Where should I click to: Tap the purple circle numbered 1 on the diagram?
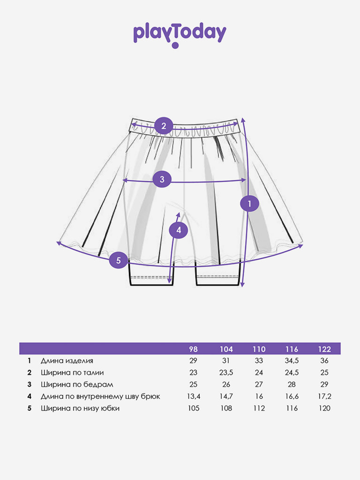click(249, 203)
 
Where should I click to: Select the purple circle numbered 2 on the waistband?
click(164, 126)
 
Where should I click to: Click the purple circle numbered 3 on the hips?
click(162, 179)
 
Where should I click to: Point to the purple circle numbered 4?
click(179, 230)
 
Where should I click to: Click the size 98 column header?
click(193, 349)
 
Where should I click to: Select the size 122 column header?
click(324, 349)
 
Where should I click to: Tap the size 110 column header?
click(259, 349)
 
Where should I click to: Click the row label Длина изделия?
click(67, 361)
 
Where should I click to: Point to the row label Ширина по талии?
click(72, 373)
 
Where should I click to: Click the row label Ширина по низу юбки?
click(80, 408)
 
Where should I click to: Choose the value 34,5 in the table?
click(292, 361)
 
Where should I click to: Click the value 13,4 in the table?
click(194, 397)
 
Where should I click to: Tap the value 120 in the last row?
click(324, 408)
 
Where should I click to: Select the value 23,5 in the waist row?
click(226, 373)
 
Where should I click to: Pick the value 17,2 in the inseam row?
click(324, 397)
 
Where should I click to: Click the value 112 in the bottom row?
click(259, 408)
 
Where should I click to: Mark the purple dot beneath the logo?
click(175, 46)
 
